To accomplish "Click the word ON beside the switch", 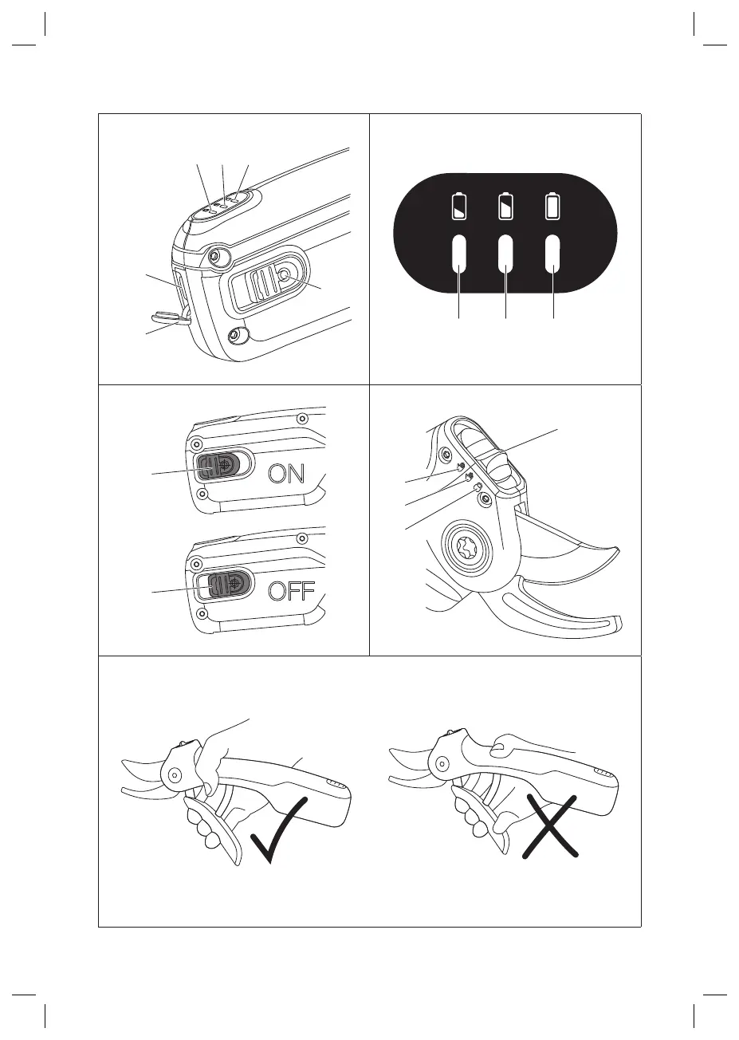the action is [x=286, y=474].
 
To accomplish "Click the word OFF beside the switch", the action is [x=292, y=591].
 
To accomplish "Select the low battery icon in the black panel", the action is [x=459, y=206].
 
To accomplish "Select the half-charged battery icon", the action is [x=505, y=206].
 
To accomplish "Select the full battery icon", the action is [x=552, y=206].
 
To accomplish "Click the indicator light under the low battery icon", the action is [x=459, y=254].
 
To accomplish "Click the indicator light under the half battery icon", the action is [x=505, y=254].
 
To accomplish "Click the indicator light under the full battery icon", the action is [x=552, y=254].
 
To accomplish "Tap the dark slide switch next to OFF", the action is [x=230, y=584].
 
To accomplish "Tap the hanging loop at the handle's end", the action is [x=170, y=317].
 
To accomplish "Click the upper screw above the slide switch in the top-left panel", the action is [x=214, y=255].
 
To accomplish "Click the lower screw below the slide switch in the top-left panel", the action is [x=235, y=334].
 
